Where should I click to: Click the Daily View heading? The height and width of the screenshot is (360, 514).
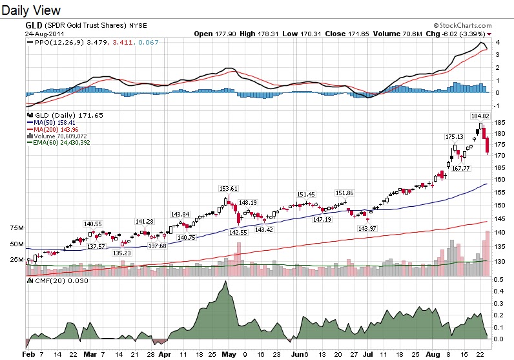(32, 10)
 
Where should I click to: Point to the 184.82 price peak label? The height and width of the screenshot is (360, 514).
(480, 116)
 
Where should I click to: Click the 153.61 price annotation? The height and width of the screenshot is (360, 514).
(228, 188)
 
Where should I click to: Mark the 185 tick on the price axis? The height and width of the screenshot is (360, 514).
(499, 122)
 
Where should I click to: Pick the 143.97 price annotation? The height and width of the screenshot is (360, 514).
(367, 228)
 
